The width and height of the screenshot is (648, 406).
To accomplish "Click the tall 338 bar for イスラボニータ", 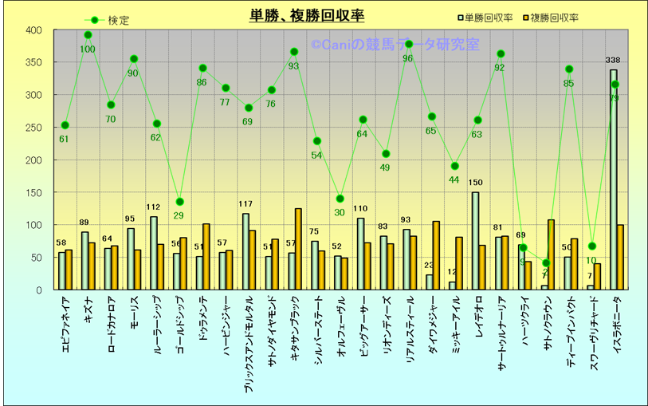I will point(613,179).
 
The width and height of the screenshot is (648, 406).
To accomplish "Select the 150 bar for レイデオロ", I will point(475,240).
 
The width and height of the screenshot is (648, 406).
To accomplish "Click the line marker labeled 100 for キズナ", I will point(88,35).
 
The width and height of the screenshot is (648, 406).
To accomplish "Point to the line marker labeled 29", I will point(180,202).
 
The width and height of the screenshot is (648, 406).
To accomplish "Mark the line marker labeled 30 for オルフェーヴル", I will point(340,199).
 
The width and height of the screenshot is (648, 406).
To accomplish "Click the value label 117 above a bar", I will point(245,204).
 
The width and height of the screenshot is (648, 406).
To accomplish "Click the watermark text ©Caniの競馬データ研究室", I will point(395,45).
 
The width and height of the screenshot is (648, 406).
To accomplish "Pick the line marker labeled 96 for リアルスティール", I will point(409,44).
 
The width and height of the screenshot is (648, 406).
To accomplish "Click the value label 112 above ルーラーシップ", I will point(154,207).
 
